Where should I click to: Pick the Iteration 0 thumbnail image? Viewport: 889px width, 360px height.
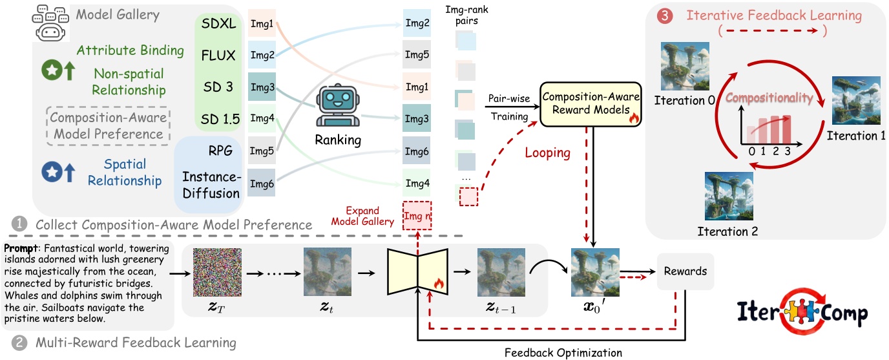coord(684,67)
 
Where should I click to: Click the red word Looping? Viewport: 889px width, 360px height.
coord(547,153)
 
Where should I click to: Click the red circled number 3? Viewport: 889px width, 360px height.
coord(662,15)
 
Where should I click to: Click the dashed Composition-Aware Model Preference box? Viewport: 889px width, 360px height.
coord(107,126)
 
